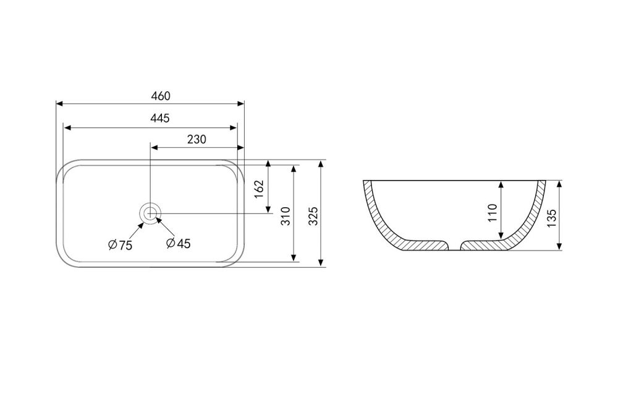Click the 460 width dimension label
pos(161,96)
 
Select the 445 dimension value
pos(160,118)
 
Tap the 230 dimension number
pos(197,139)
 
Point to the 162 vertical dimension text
pos(258,189)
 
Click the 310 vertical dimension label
pos(286,216)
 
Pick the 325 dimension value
pos(313,216)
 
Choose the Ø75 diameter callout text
pos(121,245)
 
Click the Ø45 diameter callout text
pos(179,243)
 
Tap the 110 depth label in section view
pos(493,213)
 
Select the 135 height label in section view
pos(552,218)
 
